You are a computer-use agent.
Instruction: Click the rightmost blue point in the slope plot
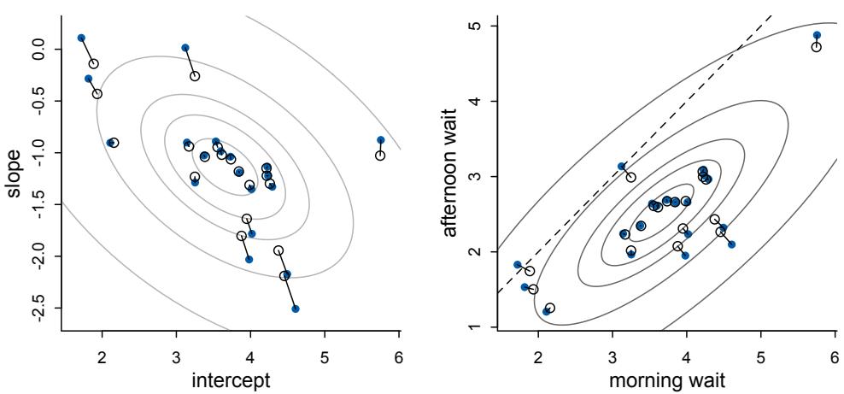pos(380,140)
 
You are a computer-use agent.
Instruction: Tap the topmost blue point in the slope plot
pos(81,38)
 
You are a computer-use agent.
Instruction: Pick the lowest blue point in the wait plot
pos(546,312)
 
